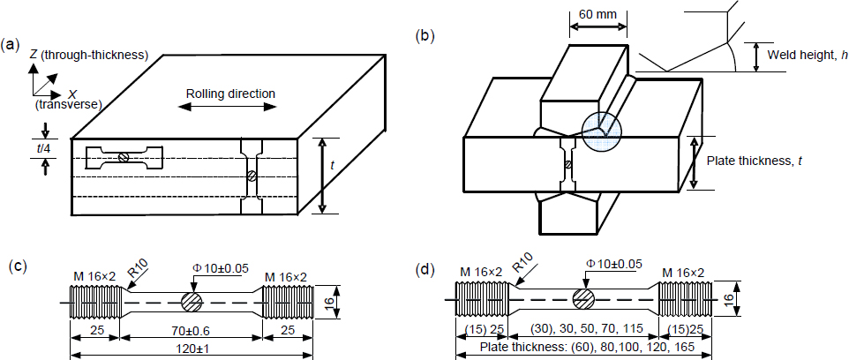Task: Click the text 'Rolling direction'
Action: point(230,94)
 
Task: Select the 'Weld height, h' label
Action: point(807,56)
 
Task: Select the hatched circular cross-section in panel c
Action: point(192,302)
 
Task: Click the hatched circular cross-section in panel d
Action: point(582,299)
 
